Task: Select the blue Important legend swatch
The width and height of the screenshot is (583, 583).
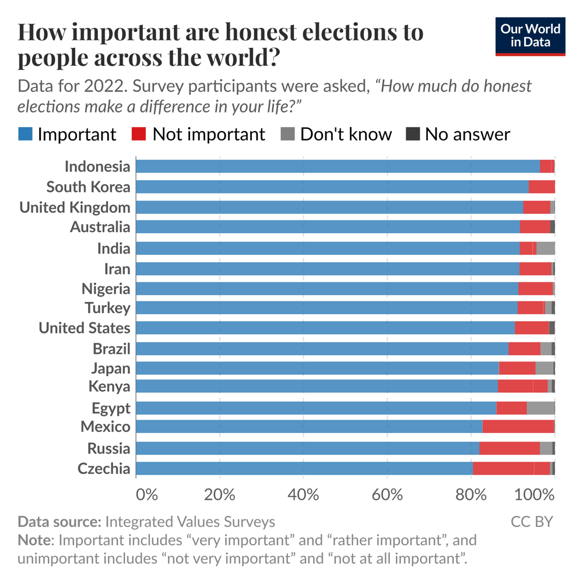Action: [25, 134]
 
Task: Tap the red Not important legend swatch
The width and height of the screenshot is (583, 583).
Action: [140, 134]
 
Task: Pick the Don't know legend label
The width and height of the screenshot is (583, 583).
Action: [346, 134]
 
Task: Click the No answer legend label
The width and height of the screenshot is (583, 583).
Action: [467, 134]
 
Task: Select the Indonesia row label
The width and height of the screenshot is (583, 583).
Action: [97, 167]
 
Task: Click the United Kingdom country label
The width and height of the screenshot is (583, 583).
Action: [75, 208]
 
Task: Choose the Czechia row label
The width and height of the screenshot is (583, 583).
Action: [104, 469]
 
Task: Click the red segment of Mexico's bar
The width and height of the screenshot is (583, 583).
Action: [518, 427]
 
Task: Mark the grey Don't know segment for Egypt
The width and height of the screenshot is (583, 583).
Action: [540, 408]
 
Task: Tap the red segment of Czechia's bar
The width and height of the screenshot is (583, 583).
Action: [511, 469]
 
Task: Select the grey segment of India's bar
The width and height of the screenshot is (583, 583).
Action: [545, 248]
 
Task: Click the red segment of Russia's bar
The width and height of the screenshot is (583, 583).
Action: [509, 448]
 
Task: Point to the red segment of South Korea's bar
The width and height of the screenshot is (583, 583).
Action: [542, 187]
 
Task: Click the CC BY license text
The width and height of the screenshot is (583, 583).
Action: [532, 521]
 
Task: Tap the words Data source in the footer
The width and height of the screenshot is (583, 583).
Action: [60, 521]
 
